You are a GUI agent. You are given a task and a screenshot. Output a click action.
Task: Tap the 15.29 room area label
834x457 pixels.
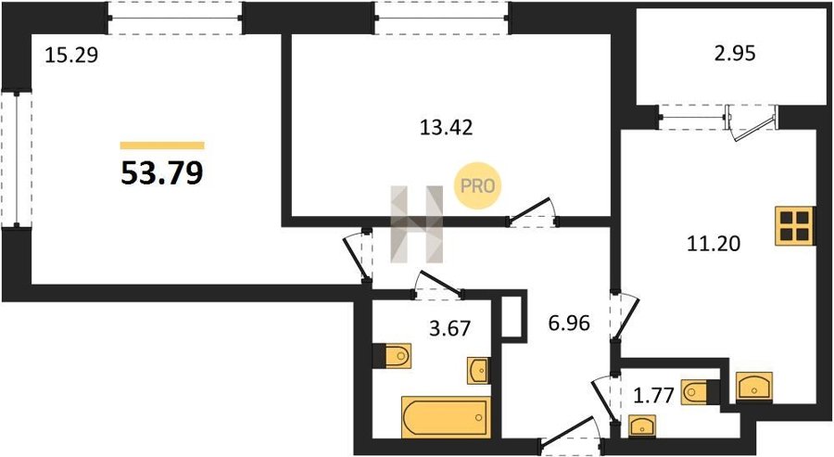[x=71, y=55]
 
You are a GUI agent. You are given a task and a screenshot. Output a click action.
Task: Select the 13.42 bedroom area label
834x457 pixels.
[x=446, y=128]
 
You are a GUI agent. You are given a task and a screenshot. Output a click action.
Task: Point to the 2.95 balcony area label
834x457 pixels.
[x=735, y=54]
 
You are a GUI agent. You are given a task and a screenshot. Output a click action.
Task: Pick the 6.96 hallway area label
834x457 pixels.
[x=569, y=323]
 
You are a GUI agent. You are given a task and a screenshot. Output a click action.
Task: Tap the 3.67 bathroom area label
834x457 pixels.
[x=450, y=328]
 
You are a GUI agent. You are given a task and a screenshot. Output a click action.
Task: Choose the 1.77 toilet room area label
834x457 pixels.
[x=654, y=395]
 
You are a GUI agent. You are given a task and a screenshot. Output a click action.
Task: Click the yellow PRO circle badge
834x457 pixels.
[x=477, y=185]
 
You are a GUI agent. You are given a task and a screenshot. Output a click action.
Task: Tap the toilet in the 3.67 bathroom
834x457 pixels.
[x=392, y=355]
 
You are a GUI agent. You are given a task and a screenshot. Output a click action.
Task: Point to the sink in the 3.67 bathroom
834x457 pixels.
[x=478, y=370]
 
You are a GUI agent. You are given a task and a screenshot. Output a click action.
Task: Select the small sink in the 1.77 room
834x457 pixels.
[x=642, y=426]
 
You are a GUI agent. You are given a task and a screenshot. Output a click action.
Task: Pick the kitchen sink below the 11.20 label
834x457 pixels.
[x=754, y=387]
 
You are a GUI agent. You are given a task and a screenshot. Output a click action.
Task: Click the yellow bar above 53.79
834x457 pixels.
[x=162, y=146]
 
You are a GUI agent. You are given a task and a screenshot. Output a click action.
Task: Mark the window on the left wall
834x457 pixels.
[x=16, y=159]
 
